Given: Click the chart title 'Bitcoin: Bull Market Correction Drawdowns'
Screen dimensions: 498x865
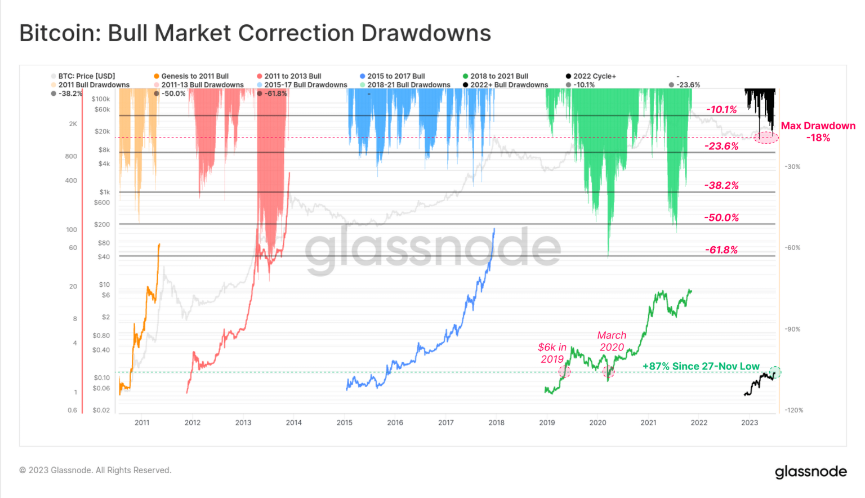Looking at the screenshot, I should click(255, 33).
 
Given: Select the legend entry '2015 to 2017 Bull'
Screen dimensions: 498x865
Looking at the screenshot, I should click(395, 76).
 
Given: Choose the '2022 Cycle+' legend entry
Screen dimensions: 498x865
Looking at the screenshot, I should click(594, 76).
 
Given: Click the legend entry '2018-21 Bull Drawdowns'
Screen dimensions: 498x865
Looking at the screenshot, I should click(408, 85).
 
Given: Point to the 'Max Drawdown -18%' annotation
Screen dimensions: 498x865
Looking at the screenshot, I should click(818, 132).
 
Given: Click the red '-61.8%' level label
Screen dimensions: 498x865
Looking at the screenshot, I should click(721, 250).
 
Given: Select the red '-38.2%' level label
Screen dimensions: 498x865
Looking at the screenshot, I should click(721, 185).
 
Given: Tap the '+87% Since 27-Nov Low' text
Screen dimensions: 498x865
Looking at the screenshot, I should click(701, 366).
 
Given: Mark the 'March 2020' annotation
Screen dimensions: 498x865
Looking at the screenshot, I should click(612, 341).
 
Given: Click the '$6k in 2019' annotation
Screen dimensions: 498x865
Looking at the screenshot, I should click(552, 353).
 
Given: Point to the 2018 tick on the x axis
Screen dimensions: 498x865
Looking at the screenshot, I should click(496, 423).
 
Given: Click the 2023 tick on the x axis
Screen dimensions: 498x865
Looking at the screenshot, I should click(749, 423).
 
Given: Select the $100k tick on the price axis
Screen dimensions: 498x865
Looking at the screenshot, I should click(101, 99).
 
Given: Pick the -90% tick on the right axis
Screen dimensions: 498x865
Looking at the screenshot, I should click(792, 329).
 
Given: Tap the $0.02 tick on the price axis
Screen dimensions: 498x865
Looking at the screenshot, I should click(101, 410).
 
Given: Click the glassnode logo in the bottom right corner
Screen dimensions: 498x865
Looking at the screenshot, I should click(810, 472).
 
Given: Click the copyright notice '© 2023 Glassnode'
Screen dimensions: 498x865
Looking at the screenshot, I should click(95, 470).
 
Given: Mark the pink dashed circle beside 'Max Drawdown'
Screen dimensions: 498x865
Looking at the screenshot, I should click(766, 137).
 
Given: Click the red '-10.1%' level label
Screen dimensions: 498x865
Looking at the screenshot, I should click(721, 110).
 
